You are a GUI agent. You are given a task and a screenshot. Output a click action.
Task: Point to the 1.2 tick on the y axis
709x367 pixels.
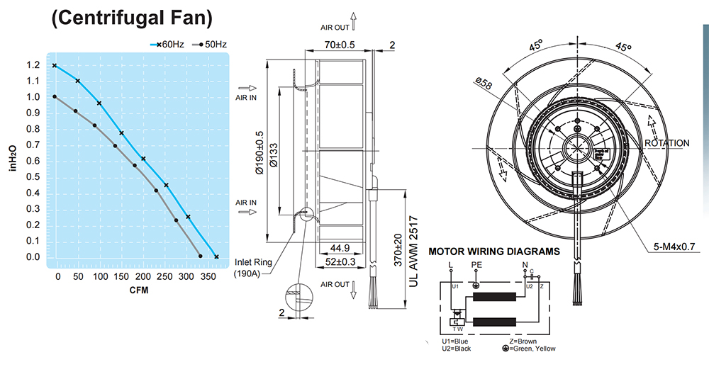pos(33,65)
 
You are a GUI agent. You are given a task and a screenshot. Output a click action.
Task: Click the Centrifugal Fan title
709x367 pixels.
pos(132,19)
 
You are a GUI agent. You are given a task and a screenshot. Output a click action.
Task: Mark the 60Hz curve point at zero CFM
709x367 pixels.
pos(54,65)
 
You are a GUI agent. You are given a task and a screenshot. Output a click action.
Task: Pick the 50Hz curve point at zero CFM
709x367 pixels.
pos(54,97)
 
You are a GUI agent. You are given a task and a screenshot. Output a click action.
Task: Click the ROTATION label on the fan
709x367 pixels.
pos(666,143)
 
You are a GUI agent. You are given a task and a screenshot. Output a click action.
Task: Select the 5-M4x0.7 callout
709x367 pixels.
pos(674,247)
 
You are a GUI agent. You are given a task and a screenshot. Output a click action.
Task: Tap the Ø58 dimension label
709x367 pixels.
pos(484,84)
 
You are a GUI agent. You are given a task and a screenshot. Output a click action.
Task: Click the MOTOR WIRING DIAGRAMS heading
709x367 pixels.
pos(494,252)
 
